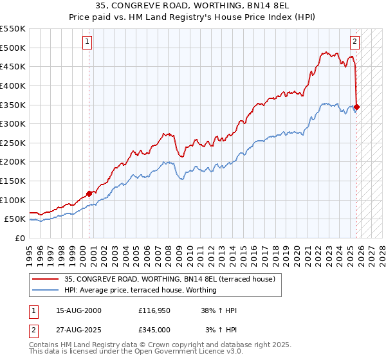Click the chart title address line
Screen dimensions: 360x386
192,6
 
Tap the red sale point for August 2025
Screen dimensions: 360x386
357,107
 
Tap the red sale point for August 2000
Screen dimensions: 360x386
89,193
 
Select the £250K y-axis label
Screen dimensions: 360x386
13,143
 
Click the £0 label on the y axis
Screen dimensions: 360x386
19,238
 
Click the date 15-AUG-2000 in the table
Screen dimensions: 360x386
78,310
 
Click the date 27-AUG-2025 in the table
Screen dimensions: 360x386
78,330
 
